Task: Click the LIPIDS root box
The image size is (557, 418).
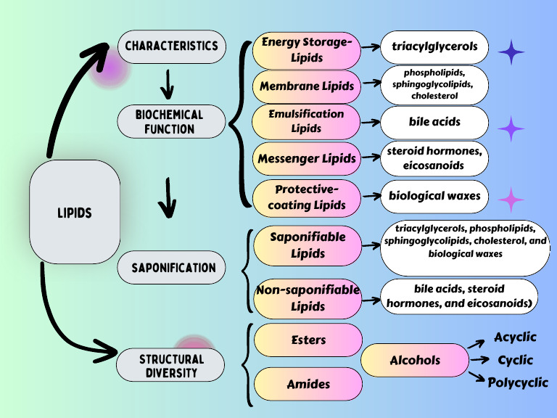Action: tap(74, 212)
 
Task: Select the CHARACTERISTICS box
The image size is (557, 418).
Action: tap(171, 46)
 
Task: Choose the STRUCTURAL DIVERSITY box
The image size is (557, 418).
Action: tap(171, 366)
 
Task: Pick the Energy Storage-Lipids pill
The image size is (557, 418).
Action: tap(307, 49)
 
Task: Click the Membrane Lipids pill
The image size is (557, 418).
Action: tap(307, 86)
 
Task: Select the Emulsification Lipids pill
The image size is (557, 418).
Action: tap(307, 121)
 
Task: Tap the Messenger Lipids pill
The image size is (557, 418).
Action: tap(307, 158)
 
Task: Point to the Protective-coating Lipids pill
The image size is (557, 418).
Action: tap(307, 197)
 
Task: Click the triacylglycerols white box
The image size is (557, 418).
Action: tap(434, 47)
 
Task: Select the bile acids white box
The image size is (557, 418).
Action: tap(434, 121)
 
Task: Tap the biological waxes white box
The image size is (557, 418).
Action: tap(434, 196)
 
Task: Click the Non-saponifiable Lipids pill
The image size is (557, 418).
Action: tap(308, 298)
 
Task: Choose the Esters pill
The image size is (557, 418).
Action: tap(308, 340)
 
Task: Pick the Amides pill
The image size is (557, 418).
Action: tap(308, 384)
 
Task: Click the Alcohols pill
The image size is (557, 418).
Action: tap(415, 361)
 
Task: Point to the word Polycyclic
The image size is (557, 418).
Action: tap(518, 382)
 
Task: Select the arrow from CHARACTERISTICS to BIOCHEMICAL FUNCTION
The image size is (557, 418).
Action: tap(168, 84)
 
